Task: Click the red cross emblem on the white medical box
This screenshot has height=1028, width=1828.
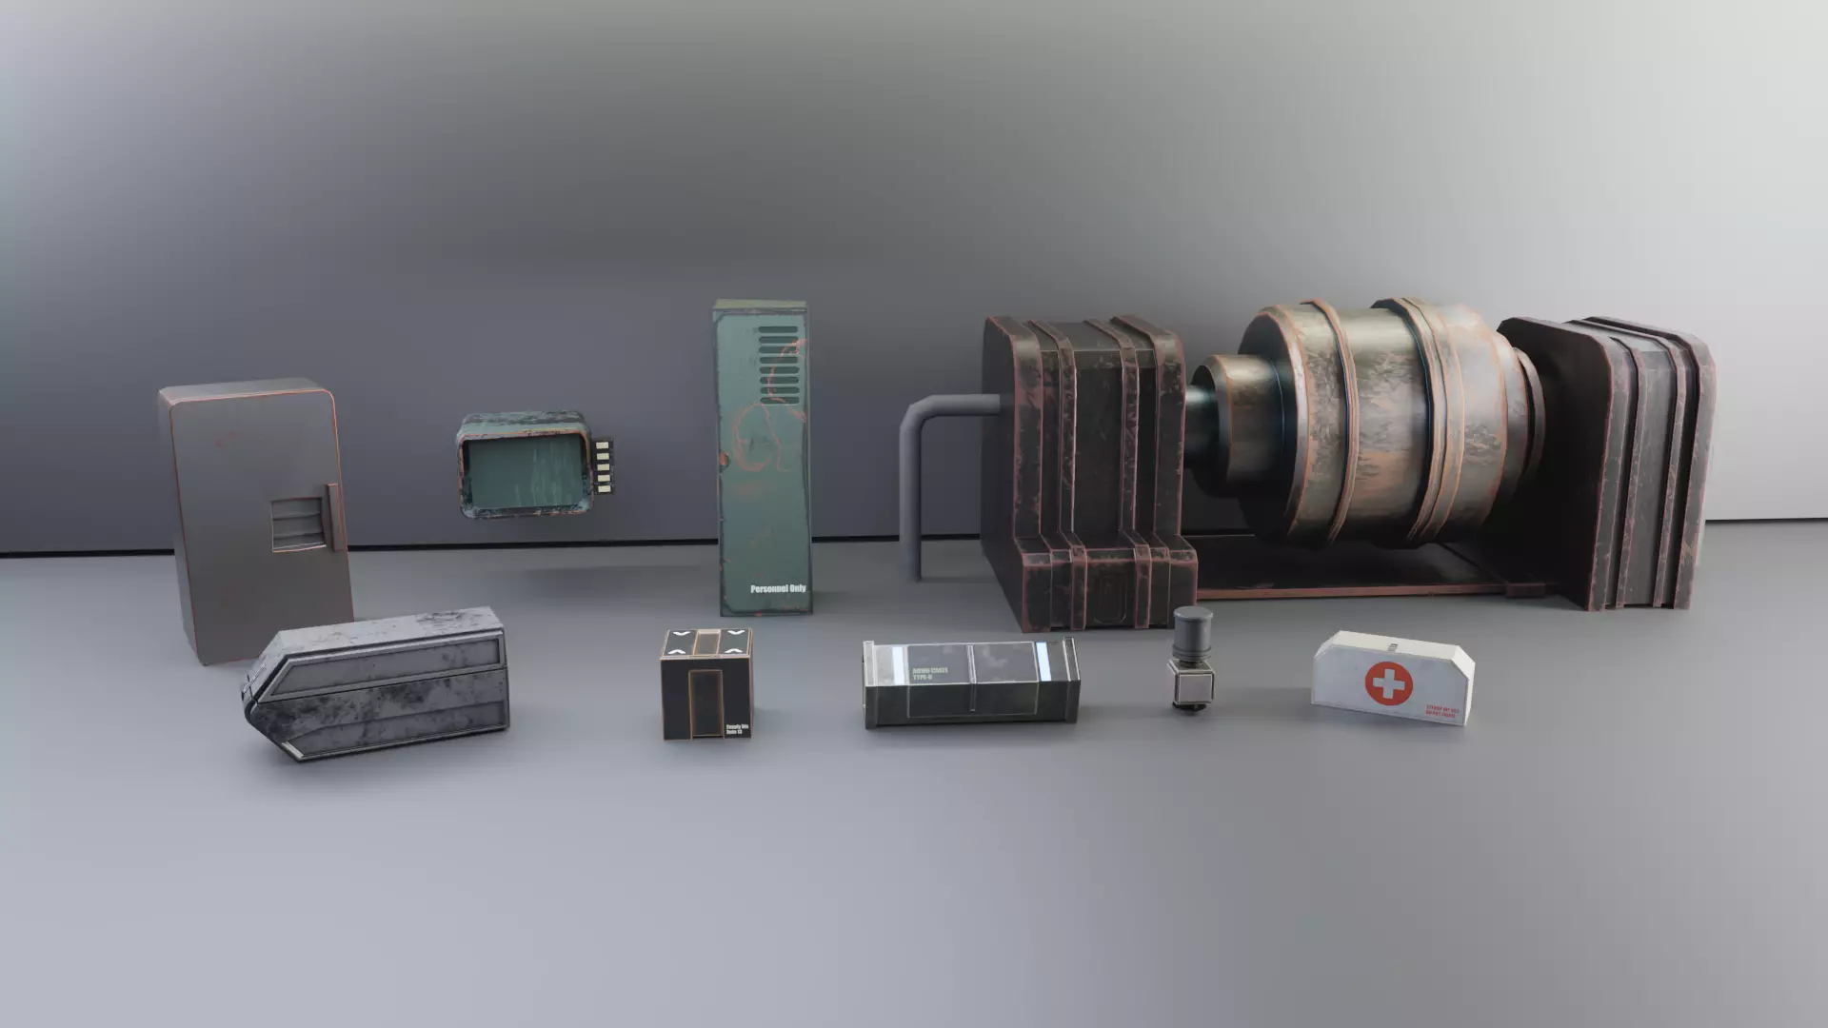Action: click(1389, 683)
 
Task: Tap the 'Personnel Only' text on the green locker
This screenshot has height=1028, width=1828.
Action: click(777, 589)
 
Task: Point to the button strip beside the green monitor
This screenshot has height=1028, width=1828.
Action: click(602, 466)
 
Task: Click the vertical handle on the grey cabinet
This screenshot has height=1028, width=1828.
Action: click(332, 517)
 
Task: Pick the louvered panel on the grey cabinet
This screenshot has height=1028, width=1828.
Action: click(296, 524)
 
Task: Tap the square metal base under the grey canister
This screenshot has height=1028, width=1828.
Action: click(1190, 682)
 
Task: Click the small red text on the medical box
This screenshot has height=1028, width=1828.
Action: click(1441, 710)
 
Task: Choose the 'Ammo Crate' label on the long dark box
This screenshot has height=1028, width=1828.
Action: click(930, 673)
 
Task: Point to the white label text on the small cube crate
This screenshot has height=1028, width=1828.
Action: click(737, 730)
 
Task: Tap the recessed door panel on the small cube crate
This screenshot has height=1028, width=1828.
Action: click(705, 701)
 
